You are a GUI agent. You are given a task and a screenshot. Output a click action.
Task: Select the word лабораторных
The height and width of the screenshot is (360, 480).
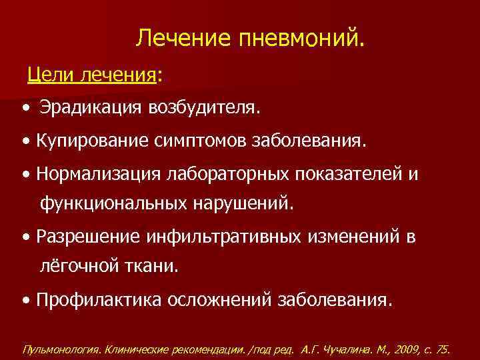227,174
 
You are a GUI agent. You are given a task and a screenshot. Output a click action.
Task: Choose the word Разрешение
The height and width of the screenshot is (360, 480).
89,237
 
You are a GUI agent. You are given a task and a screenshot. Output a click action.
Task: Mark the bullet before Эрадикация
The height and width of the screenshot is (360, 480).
25,107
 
